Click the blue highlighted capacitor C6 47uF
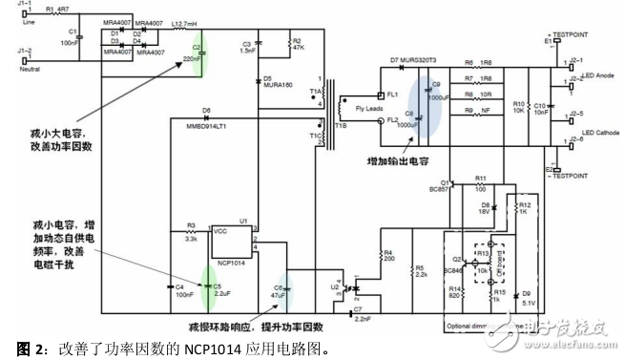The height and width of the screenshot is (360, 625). (280, 290)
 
